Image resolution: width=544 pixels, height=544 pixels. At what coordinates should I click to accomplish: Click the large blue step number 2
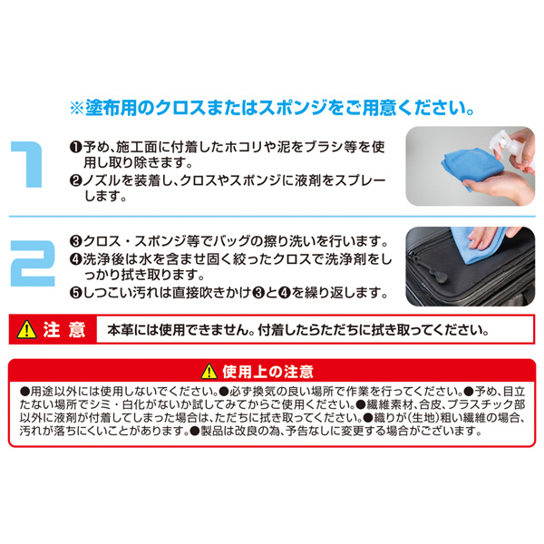(33, 263)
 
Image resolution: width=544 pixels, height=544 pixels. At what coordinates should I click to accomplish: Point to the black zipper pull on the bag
(436, 272)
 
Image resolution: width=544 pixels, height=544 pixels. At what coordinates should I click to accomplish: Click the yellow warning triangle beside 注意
(26, 329)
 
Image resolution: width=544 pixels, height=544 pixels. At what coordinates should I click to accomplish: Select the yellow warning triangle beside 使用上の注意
(209, 371)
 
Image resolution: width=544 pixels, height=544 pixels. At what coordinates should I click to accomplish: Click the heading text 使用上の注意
(267, 372)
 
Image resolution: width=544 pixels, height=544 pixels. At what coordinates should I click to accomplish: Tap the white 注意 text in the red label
(64, 329)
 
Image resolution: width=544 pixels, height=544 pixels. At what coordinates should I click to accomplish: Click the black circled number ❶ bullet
(75, 148)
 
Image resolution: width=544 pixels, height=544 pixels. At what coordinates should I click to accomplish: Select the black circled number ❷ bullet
(75, 180)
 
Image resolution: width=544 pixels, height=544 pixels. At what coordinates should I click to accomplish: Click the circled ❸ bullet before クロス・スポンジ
(75, 241)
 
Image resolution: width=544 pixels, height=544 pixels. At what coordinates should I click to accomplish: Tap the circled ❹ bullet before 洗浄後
(75, 259)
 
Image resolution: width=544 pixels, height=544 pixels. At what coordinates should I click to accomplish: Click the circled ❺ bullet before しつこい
(75, 293)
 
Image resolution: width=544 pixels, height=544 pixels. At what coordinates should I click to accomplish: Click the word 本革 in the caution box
(120, 330)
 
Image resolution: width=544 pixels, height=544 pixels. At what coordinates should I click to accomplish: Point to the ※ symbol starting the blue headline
(77, 108)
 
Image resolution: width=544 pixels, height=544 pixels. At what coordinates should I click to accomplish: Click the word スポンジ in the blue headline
(293, 108)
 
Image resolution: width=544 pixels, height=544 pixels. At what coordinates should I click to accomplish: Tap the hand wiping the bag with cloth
(486, 238)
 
